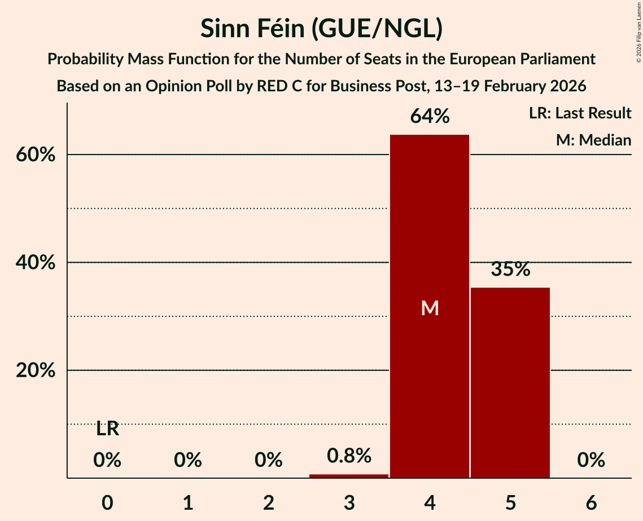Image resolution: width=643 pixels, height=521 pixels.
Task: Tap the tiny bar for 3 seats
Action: [349, 476]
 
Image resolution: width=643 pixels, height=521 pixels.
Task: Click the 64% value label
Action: [430, 117]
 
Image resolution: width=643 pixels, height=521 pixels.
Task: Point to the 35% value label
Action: [510, 270]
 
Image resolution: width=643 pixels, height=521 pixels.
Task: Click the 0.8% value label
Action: [349, 456]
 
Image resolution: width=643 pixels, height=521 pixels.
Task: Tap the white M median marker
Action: [430, 308]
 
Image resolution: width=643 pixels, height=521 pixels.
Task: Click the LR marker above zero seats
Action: [107, 429]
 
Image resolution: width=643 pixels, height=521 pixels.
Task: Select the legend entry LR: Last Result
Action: [580, 113]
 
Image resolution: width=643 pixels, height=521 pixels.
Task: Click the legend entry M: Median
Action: [593, 140]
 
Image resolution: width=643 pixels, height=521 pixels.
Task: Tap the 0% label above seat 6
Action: [591, 461]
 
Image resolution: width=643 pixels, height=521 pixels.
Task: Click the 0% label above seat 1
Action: [188, 461]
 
